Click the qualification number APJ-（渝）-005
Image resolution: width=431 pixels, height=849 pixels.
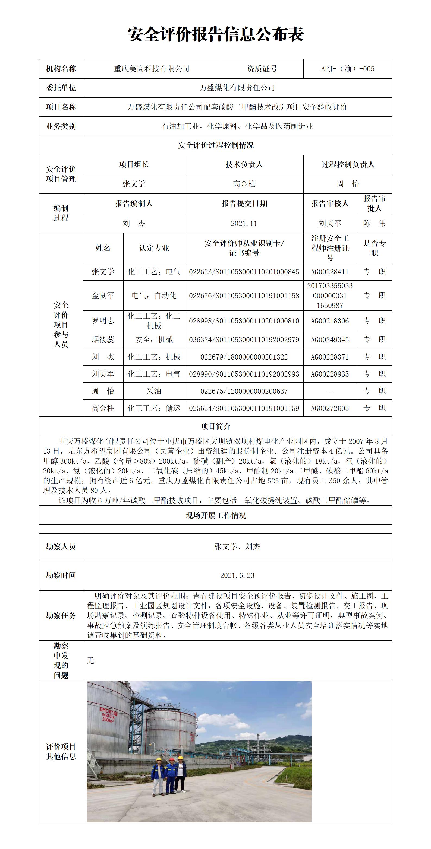pos(348,69)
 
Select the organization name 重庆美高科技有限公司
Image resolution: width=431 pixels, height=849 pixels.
pos(152,69)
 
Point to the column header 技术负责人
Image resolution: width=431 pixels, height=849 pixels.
pos(244,164)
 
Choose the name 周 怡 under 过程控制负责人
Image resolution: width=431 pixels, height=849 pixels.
pos(348,184)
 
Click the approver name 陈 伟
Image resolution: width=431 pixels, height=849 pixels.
pos(374,224)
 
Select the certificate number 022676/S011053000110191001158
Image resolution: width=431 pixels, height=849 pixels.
pos(244,296)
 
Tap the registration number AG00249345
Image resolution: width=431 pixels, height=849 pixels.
pos(330,339)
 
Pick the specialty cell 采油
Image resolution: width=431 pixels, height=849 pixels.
pos(154,391)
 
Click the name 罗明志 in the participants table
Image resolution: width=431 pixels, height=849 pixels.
pos(103,321)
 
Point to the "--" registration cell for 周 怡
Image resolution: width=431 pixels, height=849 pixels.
pos(330,391)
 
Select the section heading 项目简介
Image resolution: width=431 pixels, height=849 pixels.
pos(216,427)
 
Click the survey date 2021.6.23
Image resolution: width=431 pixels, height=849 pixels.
pos(237,575)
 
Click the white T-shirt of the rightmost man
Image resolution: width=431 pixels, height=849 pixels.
pos(180,769)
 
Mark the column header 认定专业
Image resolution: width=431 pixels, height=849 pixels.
pos(154,248)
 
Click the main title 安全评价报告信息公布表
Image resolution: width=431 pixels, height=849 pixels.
pos(216,34)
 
